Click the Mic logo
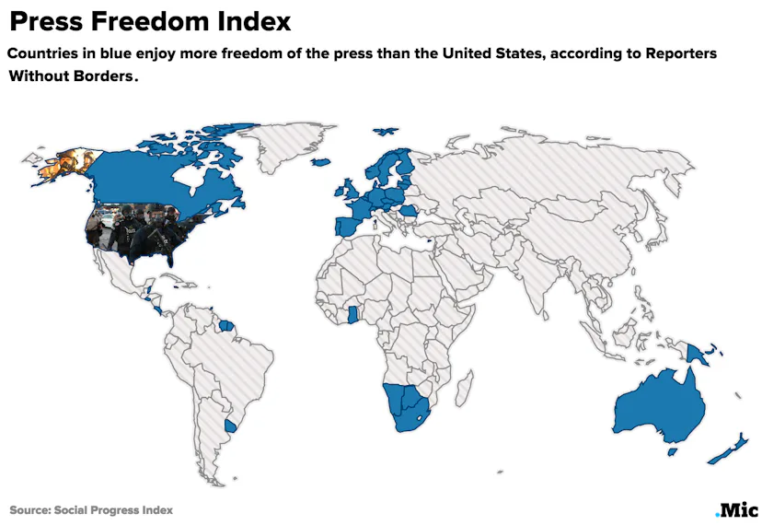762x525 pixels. tap(736, 509)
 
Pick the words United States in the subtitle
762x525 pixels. tap(493, 53)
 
